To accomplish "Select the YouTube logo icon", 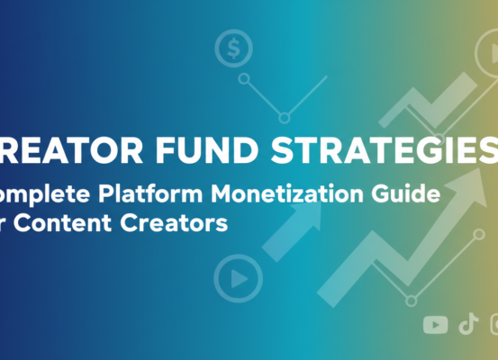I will click(x=435, y=325).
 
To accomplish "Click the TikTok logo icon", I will click(x=467, y=325).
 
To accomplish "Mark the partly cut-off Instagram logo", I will click(x=493, y=325).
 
